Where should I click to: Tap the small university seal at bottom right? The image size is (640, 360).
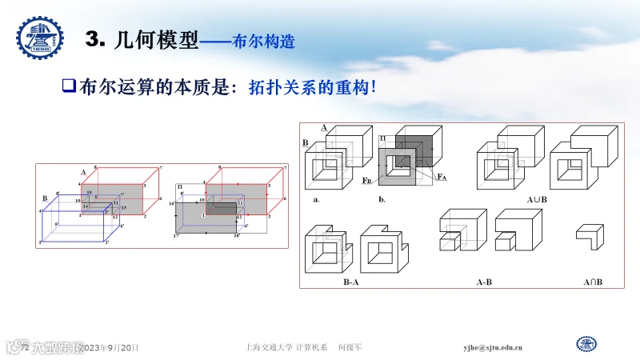pyautogui.click(x=587, y=345)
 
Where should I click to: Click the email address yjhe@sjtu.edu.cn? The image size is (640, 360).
pyautogui.click(x=493, y=348)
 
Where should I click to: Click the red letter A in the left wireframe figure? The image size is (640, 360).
pyautogui.click(x=82, y=172)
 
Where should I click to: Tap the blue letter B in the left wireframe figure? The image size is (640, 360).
pyautogui.click(x=45, y=197)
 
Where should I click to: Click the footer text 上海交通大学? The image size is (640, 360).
pyautogui.click(x=269, y=348)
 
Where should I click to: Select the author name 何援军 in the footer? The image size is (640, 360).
pyautogui.click(x=350, y=348)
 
